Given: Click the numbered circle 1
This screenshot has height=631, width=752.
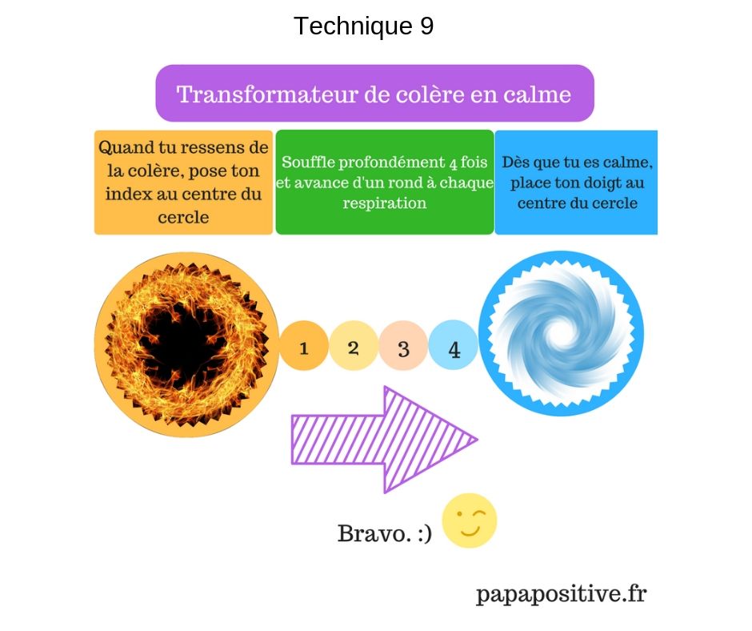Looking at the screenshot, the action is coord(303,345).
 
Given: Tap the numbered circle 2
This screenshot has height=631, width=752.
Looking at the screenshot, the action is coord(354,345).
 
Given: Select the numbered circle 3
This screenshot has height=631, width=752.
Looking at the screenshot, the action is coord(403,345).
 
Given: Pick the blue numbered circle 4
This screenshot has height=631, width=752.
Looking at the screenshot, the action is coord(454,345).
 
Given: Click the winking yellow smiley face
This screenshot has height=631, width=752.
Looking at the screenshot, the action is coord(470,520).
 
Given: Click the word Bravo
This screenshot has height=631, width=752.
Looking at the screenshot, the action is coord(374,533).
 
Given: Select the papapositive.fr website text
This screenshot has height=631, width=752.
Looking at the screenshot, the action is coord(561,594).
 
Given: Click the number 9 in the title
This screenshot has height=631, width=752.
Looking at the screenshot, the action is coord(427,26).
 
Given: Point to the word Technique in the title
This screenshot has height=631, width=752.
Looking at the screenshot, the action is coord(353,26).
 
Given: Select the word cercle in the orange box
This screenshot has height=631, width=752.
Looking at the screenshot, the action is coord(183,218).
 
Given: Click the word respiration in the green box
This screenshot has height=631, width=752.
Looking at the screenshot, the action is coord(385,203).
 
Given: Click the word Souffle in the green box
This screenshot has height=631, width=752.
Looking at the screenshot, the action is coord(307,163).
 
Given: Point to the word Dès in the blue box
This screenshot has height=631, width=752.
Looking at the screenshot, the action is coord(515,163).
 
